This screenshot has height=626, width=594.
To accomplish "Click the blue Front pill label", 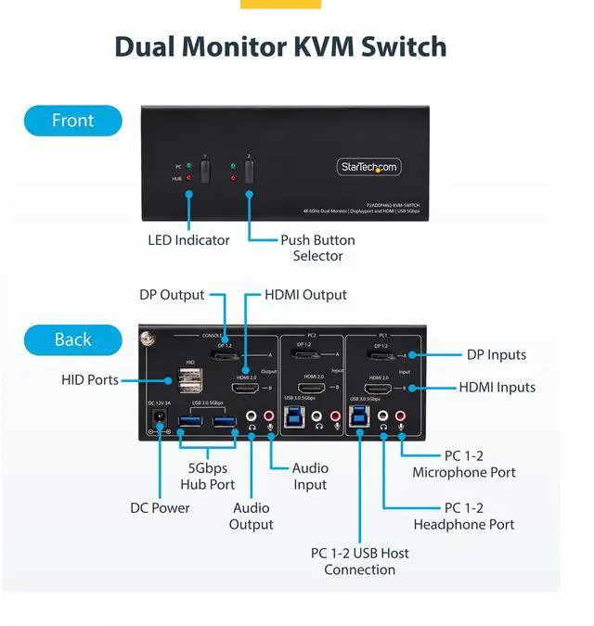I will pos(72,121).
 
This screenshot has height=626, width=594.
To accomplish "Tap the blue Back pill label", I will pos(72,339).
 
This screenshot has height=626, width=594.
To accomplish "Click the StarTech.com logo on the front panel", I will pos(368,167).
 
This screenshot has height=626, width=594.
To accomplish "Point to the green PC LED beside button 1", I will pos(189,164).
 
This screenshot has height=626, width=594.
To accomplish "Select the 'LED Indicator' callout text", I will pos(188,240).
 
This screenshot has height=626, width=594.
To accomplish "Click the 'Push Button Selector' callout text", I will pos(318,248).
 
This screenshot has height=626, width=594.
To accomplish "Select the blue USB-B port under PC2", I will pos(295,417).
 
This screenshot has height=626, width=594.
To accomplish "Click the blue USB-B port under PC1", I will pos(358,417).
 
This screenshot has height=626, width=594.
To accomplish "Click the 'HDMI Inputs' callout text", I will pos(497,388).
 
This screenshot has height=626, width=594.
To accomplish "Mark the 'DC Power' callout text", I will pos(160,508).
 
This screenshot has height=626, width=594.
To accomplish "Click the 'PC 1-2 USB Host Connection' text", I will pos(359,561).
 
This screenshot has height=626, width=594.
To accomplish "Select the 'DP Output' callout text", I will pos(172,295).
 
